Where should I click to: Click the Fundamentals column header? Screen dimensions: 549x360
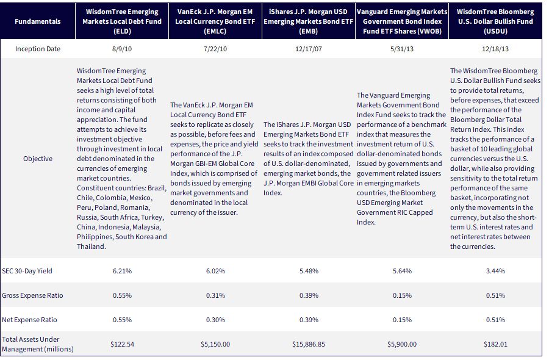[37, 21]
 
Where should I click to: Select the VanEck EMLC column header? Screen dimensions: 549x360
[215, 21]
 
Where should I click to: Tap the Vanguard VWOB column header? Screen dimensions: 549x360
[402, 21]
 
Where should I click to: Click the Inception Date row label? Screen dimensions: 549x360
[37, 49]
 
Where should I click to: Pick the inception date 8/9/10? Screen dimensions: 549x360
[122, 49]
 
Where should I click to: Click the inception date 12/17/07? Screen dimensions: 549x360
[309, 49]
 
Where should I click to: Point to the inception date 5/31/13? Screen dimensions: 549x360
[402, 49]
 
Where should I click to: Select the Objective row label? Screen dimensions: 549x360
[38, 159]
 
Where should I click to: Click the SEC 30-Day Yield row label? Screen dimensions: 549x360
[27, 271]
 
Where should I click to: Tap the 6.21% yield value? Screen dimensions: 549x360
[122, 271]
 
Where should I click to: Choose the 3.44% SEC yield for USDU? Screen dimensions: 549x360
[495, 271]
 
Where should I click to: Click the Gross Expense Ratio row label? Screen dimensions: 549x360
[32, 295]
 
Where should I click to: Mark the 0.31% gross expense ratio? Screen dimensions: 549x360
[215, 295]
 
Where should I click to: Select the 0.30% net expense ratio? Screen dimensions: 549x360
[215, 320]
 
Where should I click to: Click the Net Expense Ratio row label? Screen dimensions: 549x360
[29, 320]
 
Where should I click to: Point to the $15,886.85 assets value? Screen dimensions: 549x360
[309, 344]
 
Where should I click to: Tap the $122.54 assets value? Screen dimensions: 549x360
[122, 344]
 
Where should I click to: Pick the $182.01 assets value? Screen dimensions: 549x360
[495, 344]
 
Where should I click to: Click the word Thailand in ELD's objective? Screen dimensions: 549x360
[90, 247]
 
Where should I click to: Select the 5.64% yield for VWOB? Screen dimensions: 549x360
[402, 271]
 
